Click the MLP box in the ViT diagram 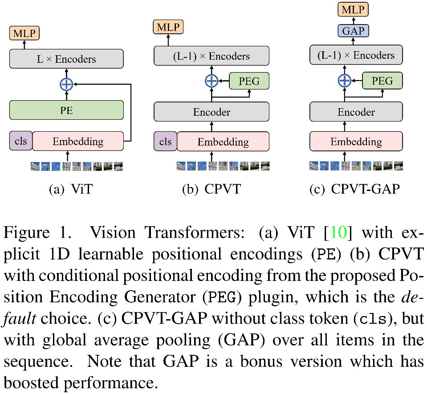tap(24, 33)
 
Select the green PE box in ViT tap(66, 110)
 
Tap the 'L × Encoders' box tap(66, 59)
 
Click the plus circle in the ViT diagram tap(66, 84)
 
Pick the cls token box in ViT tap(20, 141)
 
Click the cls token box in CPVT tap(165, 142)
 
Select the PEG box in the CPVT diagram tap(249, 81)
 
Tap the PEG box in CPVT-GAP tap(382, 81)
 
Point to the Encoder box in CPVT tap(211, 112)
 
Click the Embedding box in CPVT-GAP tap(356, 142)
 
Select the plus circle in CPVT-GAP tap(344, 81)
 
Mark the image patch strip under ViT tap(76, 167)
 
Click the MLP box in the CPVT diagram tap(167, 28)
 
